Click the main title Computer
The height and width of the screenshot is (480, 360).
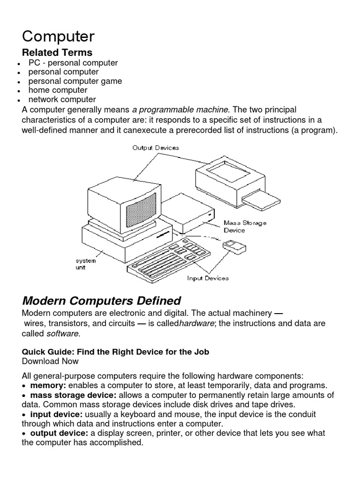(58, 37)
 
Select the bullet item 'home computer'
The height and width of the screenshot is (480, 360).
(58, 90)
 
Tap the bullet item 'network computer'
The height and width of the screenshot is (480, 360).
(62, 99)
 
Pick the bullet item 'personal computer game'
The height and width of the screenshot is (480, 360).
(75, 81)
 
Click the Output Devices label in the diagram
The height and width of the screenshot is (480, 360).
(156, 148)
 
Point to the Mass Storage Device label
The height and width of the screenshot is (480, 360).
(245, 226)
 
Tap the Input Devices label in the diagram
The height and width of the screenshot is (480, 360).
(208, 278)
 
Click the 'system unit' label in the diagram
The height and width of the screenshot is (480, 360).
(86, 264)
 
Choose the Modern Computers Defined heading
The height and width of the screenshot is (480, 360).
(101, 300)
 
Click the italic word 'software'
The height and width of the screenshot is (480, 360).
(63, 333)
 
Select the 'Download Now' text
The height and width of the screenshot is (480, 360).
(50, 361)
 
